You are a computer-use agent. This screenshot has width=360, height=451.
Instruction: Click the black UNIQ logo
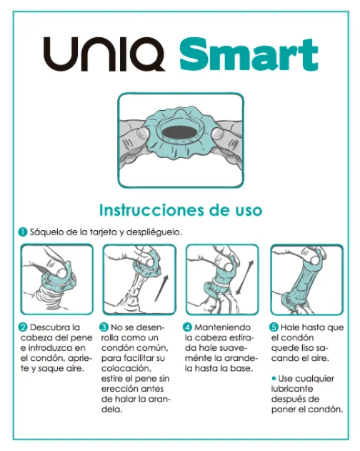pyautogui.click(x=104, y=55)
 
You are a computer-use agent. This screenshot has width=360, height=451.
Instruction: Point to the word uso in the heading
pyautogui.click(x=246, y=210)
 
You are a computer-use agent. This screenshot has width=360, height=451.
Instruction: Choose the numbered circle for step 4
pyautogui.click(x=189, y=327)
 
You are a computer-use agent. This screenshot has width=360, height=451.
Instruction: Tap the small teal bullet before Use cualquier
pyautogui.click(x=274, y=377)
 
